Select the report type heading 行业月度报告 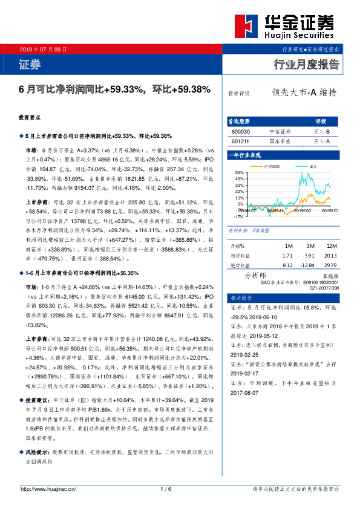click(x=307, y=65)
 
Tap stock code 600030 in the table click(x=240, y=131)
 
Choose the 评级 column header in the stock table click(x=321, y=121)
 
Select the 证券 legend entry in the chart click(x=312, y=166)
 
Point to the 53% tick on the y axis click(x=240, y=172)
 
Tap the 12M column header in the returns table click(x=332, y=246)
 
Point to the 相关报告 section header click(x=240, y=299)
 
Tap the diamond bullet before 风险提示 click(x=21, y=452)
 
